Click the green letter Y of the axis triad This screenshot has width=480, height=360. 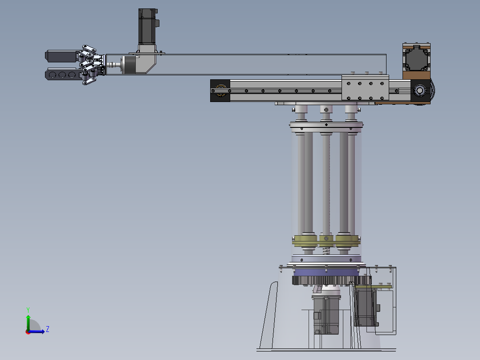[x=28, y=310]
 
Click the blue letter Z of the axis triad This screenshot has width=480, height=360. [x=48, y=329]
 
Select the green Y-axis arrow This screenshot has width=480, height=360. [x=28, y=323]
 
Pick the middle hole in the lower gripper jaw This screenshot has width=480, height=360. [x=62, y=75]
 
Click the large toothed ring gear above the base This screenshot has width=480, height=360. [x=332, y=280]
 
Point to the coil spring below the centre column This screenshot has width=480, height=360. [x=327, y=251]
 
